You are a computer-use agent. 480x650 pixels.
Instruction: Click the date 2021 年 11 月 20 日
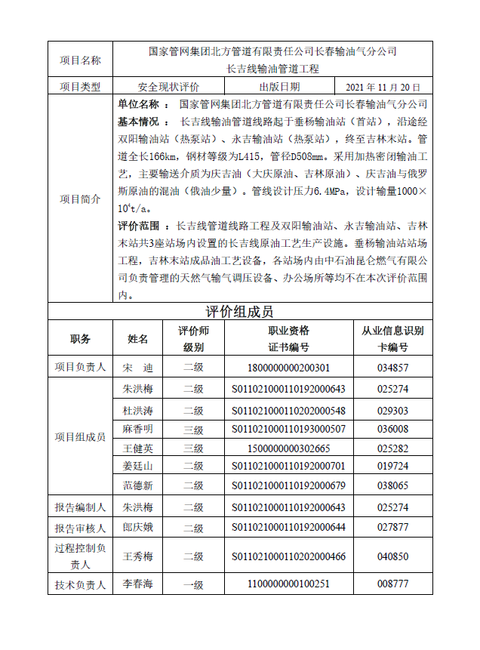[388, 88]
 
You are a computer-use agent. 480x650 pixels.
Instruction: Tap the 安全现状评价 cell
[169, 88]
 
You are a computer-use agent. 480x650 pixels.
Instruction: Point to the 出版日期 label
[279, 88]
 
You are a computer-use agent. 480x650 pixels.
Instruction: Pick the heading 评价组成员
[239, 312]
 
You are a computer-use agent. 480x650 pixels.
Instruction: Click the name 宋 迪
[138, 368]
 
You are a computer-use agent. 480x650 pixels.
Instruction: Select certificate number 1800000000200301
[288, 368]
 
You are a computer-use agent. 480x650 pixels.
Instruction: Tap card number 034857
[392, 368]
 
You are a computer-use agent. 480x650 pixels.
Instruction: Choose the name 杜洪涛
[138, 411]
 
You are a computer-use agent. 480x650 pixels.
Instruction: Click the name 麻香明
[138, 429]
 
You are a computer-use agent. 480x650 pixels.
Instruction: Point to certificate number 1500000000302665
[288, 448]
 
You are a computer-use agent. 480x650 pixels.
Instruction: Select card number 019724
[392, 466]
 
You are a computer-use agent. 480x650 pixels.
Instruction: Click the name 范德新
[138, 485]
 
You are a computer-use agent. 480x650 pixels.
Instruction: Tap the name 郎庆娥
[138, 527]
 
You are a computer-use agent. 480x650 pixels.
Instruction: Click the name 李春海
[138, 584]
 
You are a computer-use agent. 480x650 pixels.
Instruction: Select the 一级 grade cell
[193, 584]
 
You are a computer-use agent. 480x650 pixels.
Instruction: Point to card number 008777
[392, 584]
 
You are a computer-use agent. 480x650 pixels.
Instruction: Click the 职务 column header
[80, 339]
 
